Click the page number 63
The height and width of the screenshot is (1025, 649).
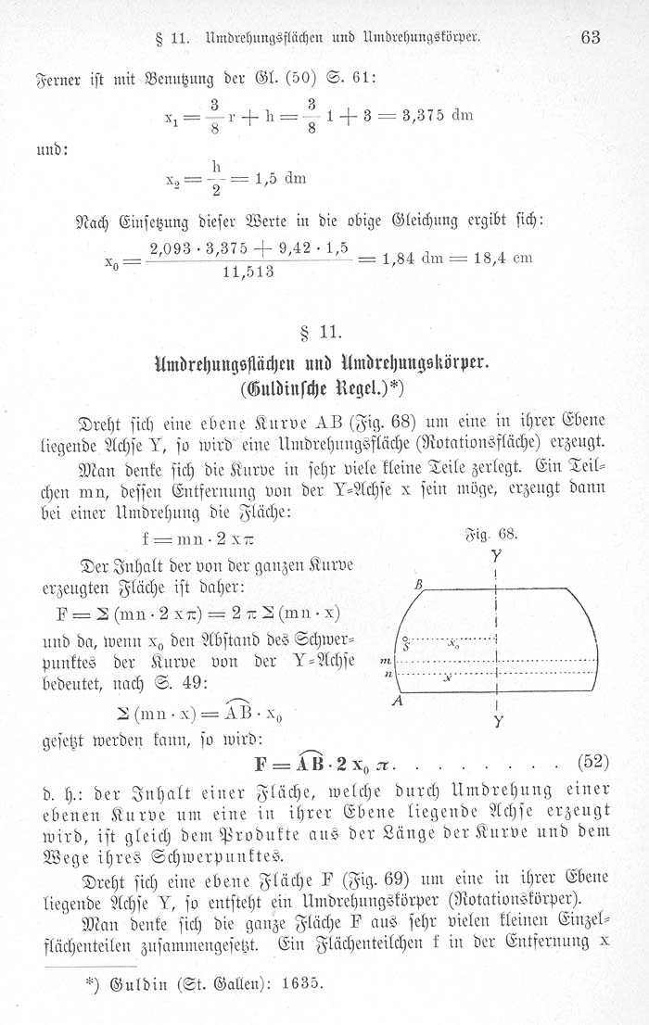point(591,37)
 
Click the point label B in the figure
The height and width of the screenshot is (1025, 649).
point(419,585)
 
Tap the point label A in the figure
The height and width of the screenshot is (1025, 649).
point(397,702)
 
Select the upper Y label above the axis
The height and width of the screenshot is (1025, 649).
point(498,558)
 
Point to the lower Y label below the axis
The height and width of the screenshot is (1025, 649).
point(498,721)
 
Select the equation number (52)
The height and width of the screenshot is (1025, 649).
point(592,763)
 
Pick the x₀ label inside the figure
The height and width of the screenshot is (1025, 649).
point(453,641)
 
